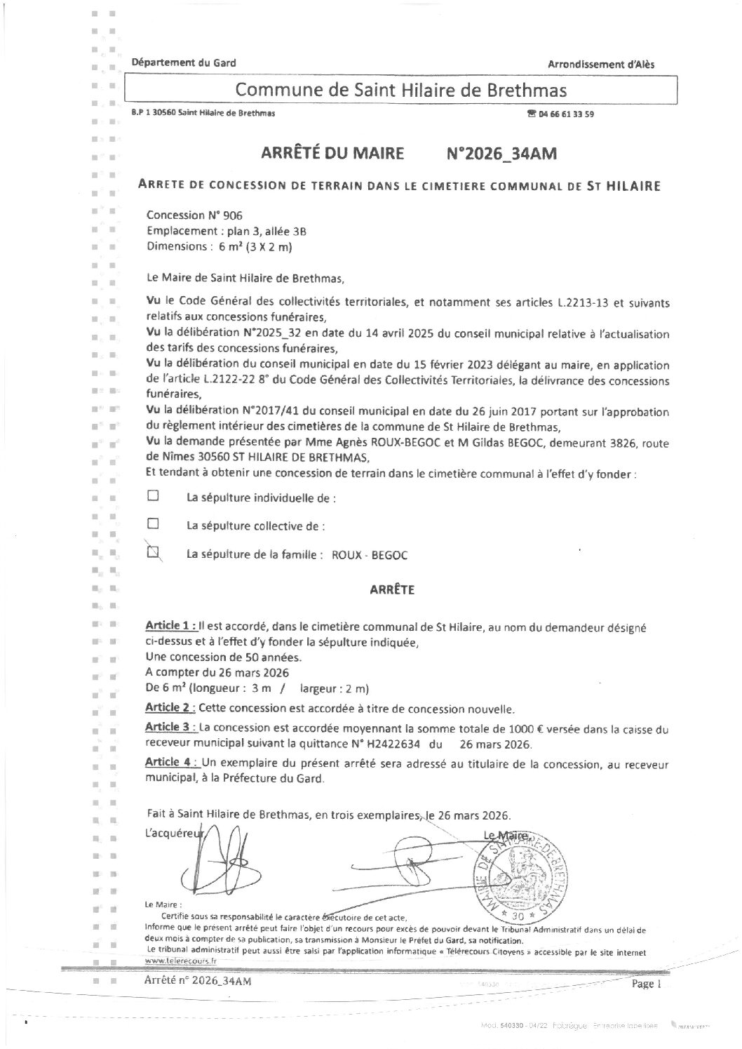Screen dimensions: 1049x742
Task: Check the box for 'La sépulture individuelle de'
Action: pyautogui.click(x=153, y=495)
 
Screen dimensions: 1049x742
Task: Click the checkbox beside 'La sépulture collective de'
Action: pyautogui.click(x=153, y=523)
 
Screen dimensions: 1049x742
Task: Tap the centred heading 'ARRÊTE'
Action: pyautogui.click(x=392, y=590)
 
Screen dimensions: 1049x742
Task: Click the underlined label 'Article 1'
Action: pyautogui.click(x=169, y=625)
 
